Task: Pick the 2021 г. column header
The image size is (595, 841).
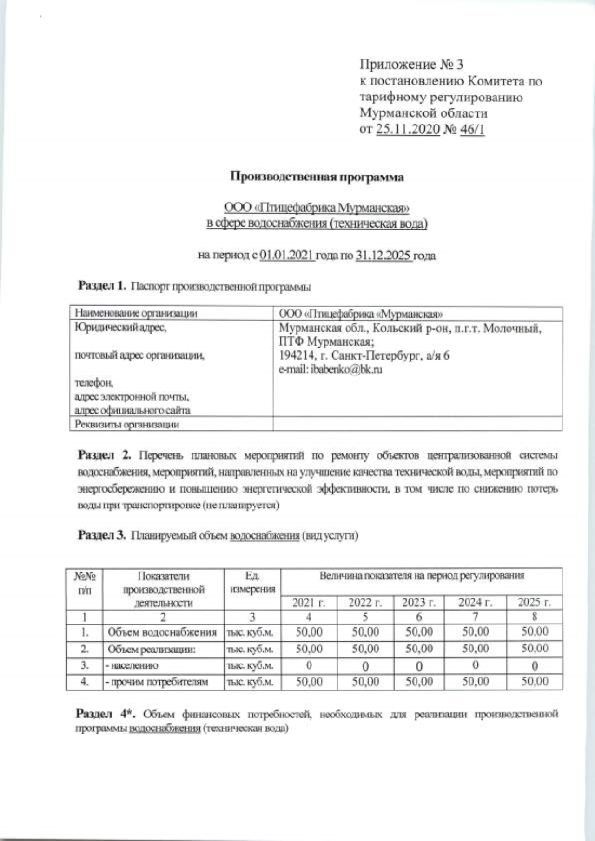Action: click(x=309, y=602)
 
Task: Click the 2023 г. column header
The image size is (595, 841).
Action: click(x=419, y=602)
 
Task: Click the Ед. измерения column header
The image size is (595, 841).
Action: click(x=250, y=585)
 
